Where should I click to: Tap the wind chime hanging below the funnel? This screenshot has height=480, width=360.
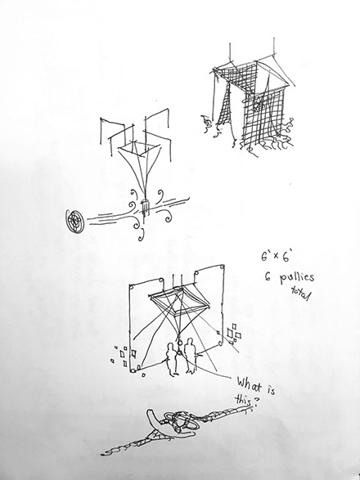pyautogui.click(x=145, y=205)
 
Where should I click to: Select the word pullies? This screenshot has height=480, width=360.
pyautogui.click(x=296, y=278)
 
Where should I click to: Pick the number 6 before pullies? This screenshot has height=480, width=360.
pyautogui.click(x=266, y=278)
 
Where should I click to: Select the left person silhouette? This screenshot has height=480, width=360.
pyautogui.click(x=171, y=359)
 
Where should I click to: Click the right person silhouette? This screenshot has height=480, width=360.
pyautogui.click(x=190, y=356)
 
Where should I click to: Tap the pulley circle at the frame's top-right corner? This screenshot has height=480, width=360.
pyautogui.click(x=222, y=267)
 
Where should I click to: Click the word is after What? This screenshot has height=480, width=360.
pyautogui.click(x=270, y=389)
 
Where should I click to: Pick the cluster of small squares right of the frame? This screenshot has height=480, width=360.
pyautogui.click(x=233, y=333)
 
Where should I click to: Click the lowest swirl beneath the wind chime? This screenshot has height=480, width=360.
pyautogui.click(x=142, y=237)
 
